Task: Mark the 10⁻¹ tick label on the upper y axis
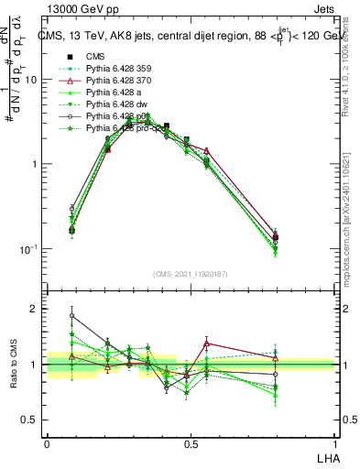(27, 249)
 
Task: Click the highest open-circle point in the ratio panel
(72, 315)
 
